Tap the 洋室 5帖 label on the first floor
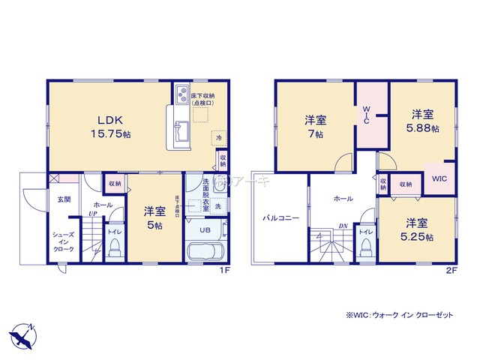[154, 218]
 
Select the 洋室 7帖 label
[314, 126]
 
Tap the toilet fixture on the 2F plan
[365, 248]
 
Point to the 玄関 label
[64, 200]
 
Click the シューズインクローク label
[64, 242]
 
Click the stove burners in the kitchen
[181, 96]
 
